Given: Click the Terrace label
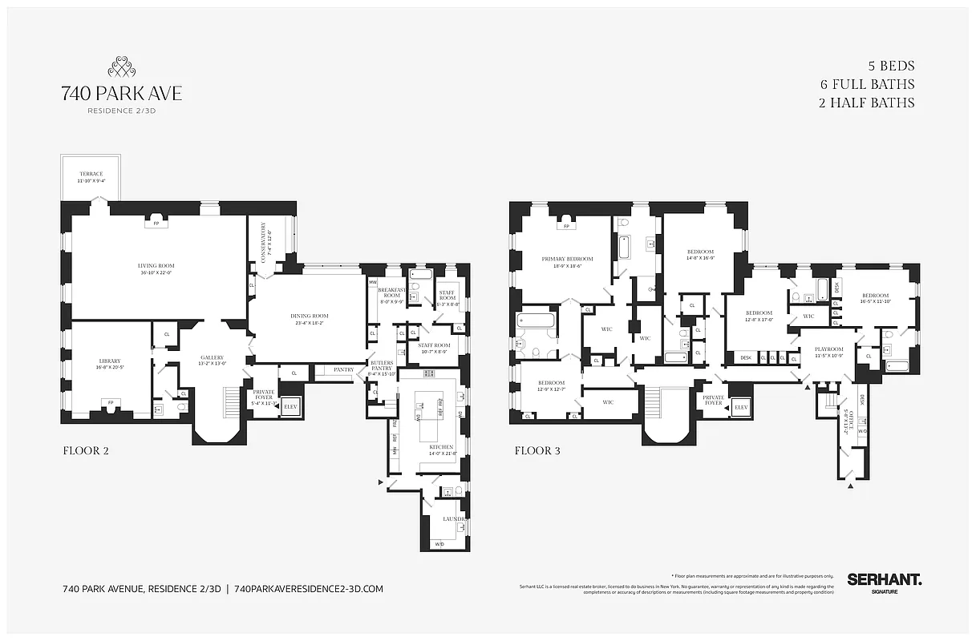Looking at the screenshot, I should point(91,174).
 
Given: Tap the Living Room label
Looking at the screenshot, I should point(157,266).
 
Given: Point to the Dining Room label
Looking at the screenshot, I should point(310,316).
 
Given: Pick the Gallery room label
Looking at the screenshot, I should point(212,357).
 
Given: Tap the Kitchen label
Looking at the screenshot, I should point(441,447).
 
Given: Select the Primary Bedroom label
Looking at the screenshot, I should point(567,259).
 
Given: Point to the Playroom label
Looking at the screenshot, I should point(829,349).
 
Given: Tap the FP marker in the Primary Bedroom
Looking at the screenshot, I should point(567,227).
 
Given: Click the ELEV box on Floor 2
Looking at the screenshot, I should point(290,407).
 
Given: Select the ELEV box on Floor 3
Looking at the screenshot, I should point(740,407).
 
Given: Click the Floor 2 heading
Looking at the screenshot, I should point(86,451).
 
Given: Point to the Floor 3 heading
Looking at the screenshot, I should point(537,451).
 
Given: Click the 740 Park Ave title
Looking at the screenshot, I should point(121,94).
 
